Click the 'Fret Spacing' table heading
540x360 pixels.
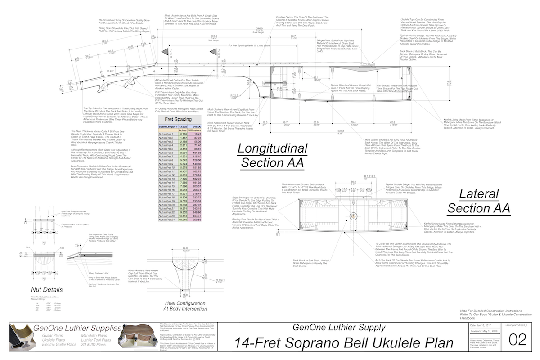tap(179, 119)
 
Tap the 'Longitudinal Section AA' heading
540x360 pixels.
tap(272, 155)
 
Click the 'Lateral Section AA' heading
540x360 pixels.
tap(479, 201)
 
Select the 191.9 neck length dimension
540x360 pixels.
tap(214, 37)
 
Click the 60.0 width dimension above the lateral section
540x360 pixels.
tap(353, 182)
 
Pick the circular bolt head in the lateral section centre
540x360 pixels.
tap(354, 216)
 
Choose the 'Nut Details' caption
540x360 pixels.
tap(47, 289)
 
